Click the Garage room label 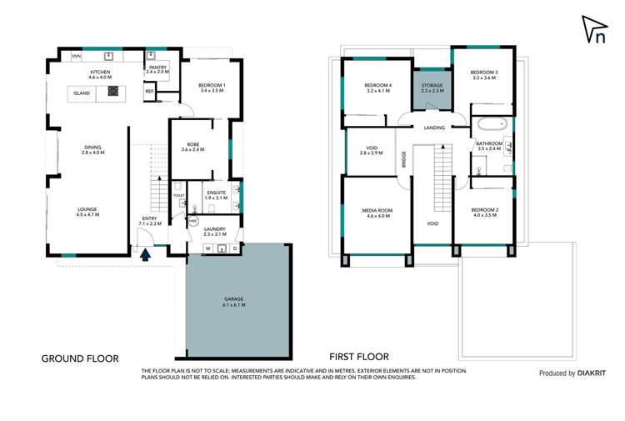(x=233, y=302)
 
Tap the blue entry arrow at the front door (x=147, y=256)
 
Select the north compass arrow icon (x=593, y=30)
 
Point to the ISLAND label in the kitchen (x=81, y=93)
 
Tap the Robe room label (x=192, y=147)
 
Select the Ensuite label (x=216, y=195)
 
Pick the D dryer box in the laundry (x=235, y=248)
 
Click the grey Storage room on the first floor (x=432, y=88)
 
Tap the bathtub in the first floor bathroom (x=492, y=127)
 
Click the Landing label (x=434, y=128)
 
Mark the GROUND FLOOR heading (x=80, y=358)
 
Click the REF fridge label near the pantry (x=150, y=91)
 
